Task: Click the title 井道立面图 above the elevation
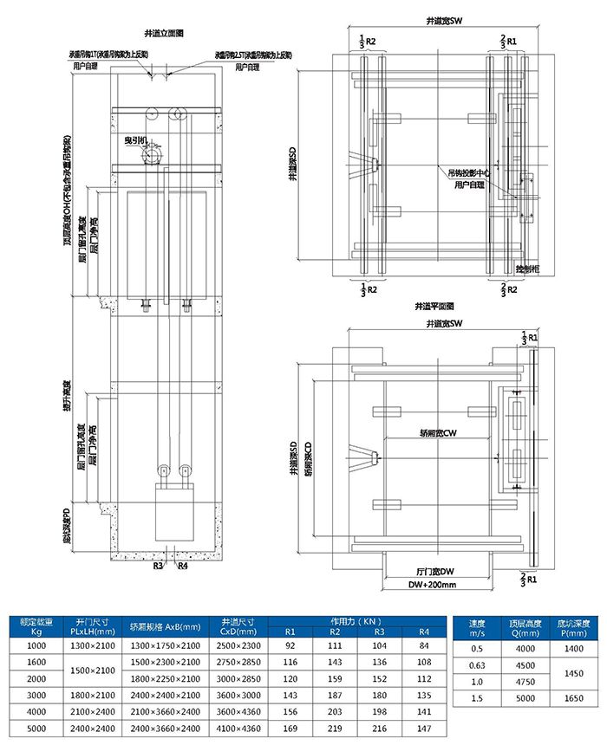[x=166, y=32]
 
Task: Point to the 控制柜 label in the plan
[x=526, y=269]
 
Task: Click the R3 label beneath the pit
[x=158, y=567]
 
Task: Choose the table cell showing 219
[x=335, y=729]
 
